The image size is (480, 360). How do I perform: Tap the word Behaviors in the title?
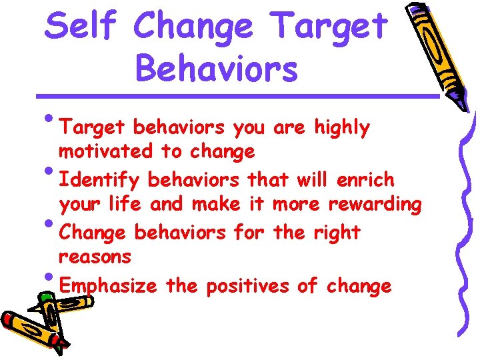pyautogui.click(x=216, y=69)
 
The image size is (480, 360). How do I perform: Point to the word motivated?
pyautogui.click(x=105, y=151)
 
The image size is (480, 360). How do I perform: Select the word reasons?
pyautogui.click(x=95, y=257)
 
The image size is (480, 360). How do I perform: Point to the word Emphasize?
pyautogui.click(x=107, y=287)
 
